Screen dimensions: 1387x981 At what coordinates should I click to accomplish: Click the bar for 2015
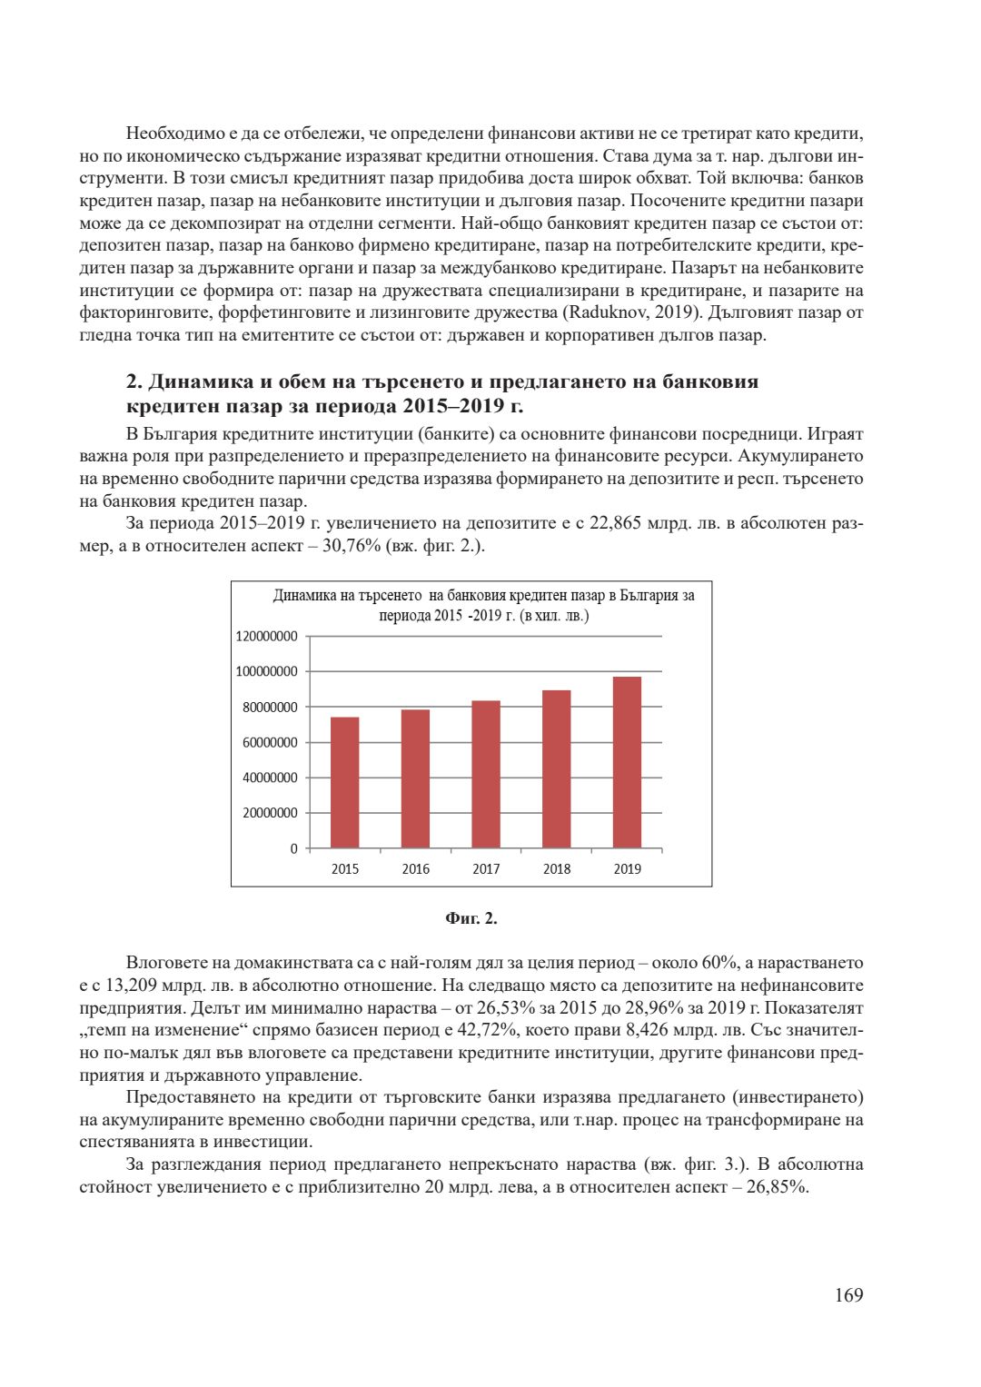[x=344, y=782]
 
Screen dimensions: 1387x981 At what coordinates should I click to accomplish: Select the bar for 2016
[x=415, y=778]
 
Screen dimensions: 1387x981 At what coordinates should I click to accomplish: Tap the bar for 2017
[x=486, y=774]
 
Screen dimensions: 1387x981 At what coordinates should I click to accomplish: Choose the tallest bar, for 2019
[x=627, y=762]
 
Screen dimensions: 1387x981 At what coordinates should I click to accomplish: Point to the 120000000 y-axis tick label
[x=267, y=637]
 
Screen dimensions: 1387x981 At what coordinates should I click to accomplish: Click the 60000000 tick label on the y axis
[x=271, y=743]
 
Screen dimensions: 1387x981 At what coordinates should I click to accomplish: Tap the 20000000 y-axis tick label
[x=271, y=813]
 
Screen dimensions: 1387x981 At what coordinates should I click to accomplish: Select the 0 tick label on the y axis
[x=293, y=848]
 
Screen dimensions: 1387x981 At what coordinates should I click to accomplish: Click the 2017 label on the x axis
[x=486, y=869]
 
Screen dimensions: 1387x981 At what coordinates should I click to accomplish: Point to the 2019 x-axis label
[x=627, y=869]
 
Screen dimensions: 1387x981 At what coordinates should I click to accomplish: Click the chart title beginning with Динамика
[x=483, y=605]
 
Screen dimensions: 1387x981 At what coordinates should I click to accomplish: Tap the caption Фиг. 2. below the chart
[x=471, y=918]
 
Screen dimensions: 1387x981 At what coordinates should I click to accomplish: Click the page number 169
[x=848, y=1295]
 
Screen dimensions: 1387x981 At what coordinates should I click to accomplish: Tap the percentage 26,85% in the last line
[x=777, y=1187]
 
